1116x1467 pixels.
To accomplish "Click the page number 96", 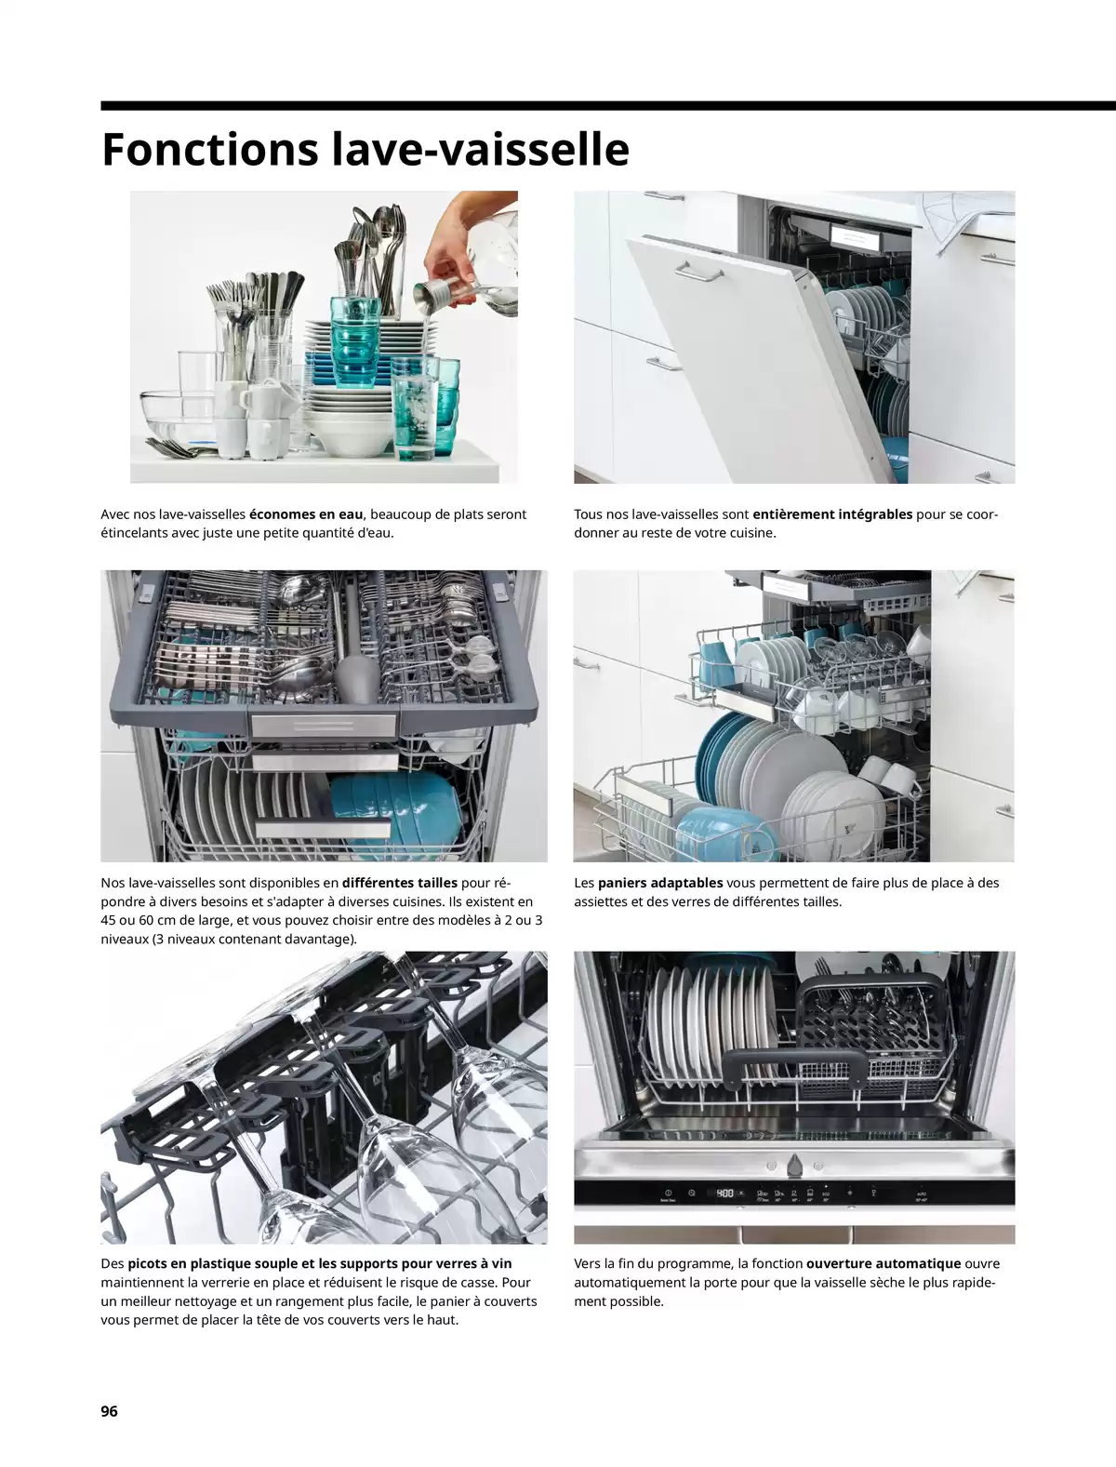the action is pyautogui.click(x=110, y=1410).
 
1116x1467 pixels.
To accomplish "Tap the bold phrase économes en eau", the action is pyautogui.click(x=306, y=513).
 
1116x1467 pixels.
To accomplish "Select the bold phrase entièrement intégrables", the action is pyautogui.click(x=832, y=513).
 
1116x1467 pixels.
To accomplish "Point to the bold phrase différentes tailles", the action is pyautogui.click(x=400, y=882).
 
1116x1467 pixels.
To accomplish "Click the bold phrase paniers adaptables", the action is pyautogui.click(x=660, y=882).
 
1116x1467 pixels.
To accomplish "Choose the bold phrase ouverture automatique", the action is pyautogui.click(x=883, y=1263).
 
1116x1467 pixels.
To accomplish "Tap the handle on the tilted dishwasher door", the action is pyautogui.click(x=698, y=272).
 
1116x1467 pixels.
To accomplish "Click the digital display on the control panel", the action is pyautogui.click(x=724, y=1193).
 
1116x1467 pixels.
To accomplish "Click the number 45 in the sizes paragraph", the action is pyautogui.click(x=109, y=920).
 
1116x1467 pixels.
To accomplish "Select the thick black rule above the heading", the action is pyautogui.click(x=608, y=106).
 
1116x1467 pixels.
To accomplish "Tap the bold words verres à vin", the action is pyautogui.click(x=473, y=1263).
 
